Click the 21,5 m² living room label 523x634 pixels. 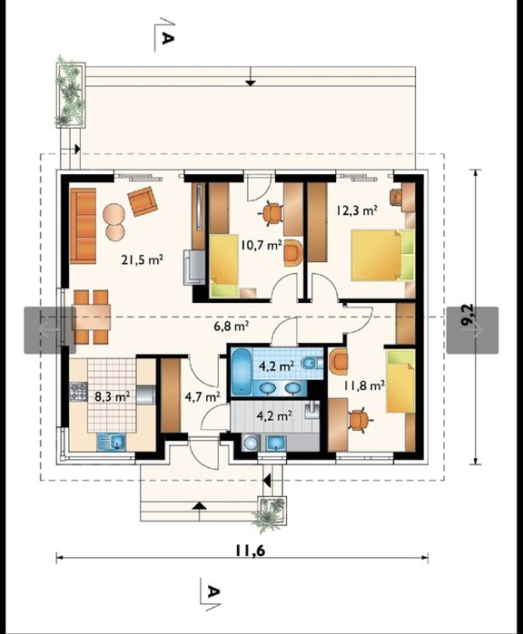coord(142,259)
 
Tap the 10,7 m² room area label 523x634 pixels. coord(261,245)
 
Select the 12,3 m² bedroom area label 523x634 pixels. coord(357,210)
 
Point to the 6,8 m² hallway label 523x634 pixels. coord(231,326)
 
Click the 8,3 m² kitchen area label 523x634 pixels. coord(112,396)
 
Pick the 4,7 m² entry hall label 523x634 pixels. coord(202,396)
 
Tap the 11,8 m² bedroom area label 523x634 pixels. coord(364,385)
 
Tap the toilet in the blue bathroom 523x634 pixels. coord(311,364)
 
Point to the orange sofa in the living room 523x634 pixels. coord(83,226)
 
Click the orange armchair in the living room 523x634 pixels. coord(143,201)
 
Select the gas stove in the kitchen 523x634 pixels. coord(78,392)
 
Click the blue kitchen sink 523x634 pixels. coord(112,442)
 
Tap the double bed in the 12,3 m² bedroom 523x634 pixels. coord(383,255)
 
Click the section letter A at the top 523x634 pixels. coord(168,38)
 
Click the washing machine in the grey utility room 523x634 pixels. coord(251,443)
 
